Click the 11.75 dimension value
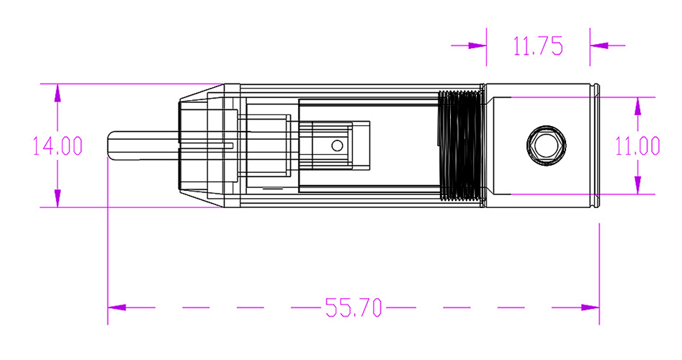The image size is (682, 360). pos(538,46)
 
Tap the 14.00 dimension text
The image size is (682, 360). pos(58,146)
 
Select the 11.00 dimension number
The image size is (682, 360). pos(637,146)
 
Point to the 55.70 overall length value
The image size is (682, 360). pos(354,307)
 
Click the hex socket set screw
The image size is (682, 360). pos(547,145)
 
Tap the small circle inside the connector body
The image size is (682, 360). pos(337,145)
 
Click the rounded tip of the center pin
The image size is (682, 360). pos(110,145)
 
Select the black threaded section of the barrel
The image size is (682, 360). pos(460,145)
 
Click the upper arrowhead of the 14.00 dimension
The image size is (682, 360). pos(58,93)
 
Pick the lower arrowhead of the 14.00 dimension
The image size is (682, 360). pos(58,198)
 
